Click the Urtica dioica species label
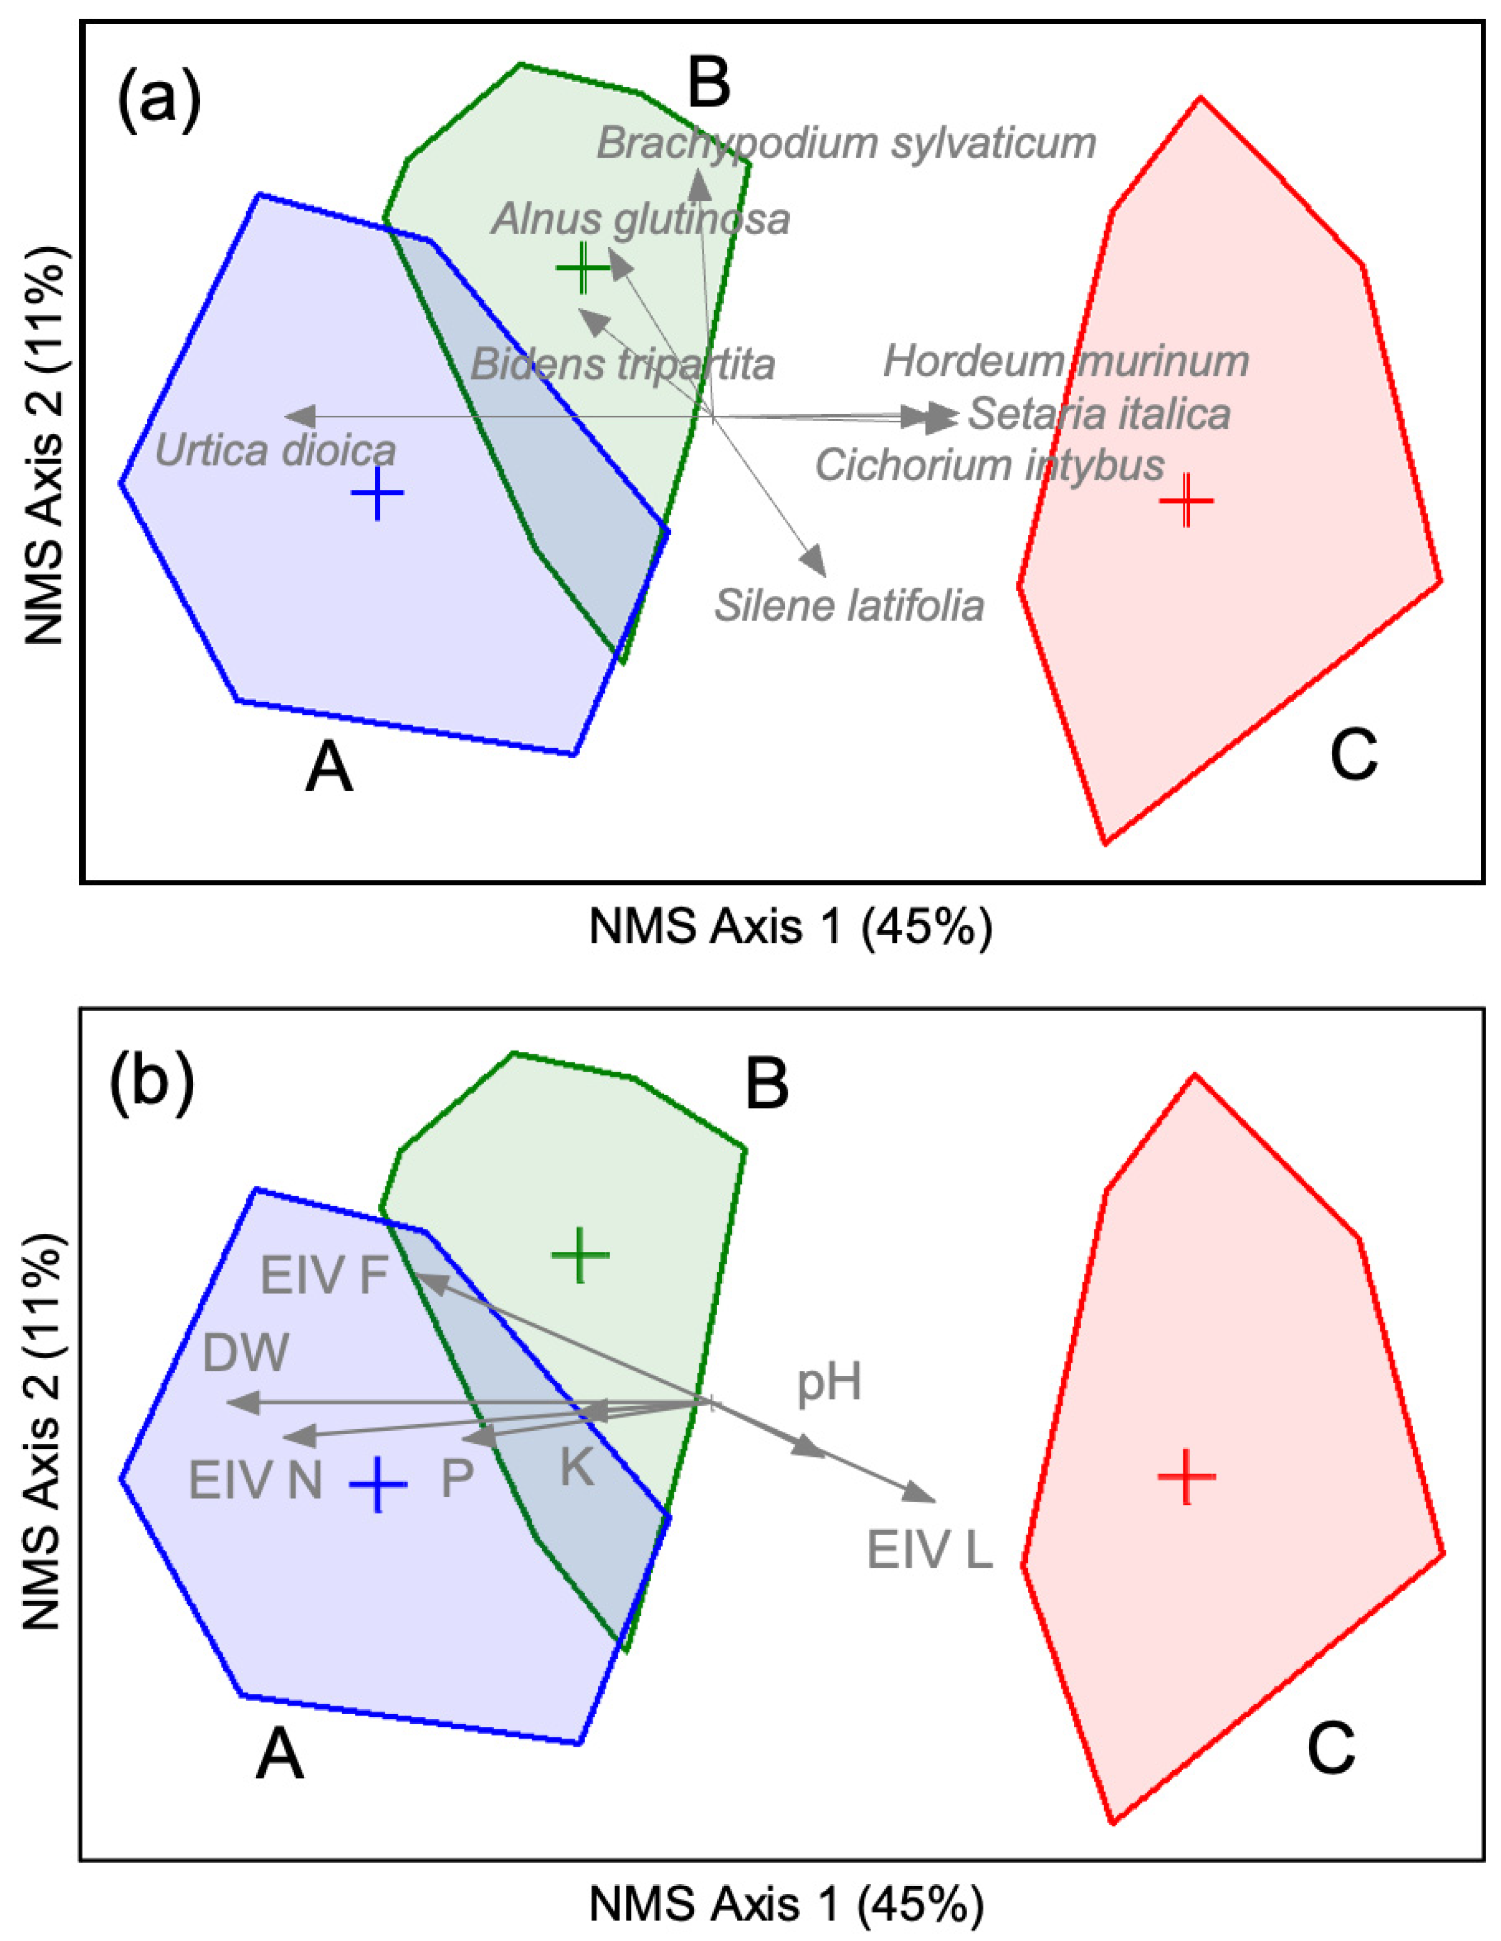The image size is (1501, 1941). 276,451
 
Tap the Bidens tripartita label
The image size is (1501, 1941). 623,365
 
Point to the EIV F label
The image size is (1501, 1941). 324,1277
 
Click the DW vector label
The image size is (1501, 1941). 246,1354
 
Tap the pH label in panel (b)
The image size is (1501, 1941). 828,1383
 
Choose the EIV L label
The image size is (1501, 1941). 930,1552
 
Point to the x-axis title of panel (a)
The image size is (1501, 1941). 790,928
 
